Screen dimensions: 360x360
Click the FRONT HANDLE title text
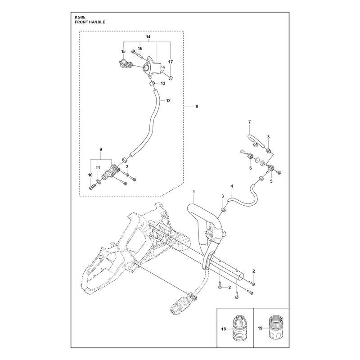[x=90, y=22]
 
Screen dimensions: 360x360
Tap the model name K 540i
[x=80, y=17]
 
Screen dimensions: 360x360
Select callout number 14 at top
[x=148, y=37]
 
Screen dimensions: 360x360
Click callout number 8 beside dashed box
[x=197, y=106]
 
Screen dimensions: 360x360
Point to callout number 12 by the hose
[x=168, y=100]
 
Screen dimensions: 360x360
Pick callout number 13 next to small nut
[x=163, y=83]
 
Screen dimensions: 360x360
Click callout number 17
[x=171, y=62]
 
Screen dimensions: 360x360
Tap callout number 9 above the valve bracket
[x=100, y=149]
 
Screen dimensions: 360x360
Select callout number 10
[x=90, y=175]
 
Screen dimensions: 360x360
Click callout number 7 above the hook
[x=250, y=122]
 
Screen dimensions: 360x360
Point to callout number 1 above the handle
[x=194, y=192]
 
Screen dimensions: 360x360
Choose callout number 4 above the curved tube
[x=232, y=186]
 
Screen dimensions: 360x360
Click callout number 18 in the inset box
[x=224, y=329]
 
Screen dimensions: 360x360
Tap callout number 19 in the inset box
[x=260, y=328]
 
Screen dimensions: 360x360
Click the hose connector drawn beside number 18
[x=239, y=328]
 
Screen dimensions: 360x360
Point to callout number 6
[x=251, y=168]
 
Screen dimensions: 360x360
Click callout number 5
[x=271, y=181]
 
